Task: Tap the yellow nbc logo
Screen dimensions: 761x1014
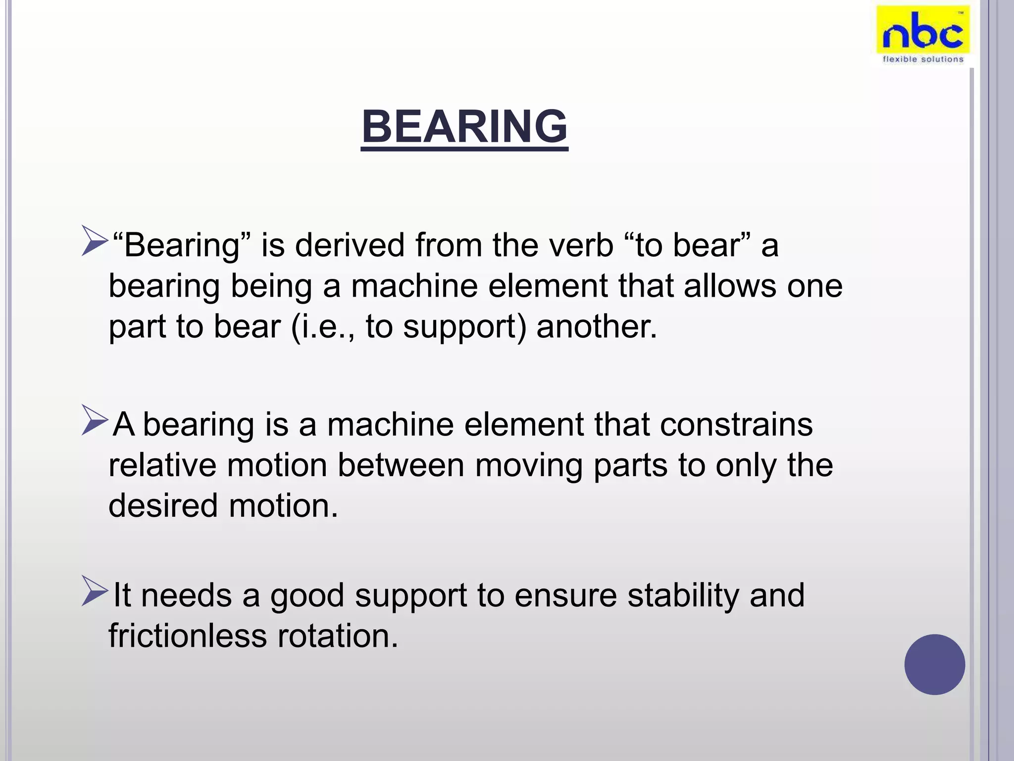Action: pos(923,31)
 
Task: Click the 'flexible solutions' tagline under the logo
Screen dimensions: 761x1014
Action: pos(923,59)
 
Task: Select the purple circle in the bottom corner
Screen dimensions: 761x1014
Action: pos(934,664)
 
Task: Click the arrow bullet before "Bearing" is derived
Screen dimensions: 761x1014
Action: pos(95,241)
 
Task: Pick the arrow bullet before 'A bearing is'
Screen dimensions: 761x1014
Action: pos(95,421)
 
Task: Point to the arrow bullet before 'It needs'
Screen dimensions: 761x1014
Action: pos(95,591)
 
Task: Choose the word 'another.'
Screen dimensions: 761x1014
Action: pos(597,327)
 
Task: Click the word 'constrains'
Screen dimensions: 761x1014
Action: pos(736,425)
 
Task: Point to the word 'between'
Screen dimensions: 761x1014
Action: pos(401,466)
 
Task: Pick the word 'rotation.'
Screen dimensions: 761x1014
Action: pos(338,636)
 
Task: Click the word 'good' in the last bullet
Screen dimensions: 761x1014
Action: pos(307,596)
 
